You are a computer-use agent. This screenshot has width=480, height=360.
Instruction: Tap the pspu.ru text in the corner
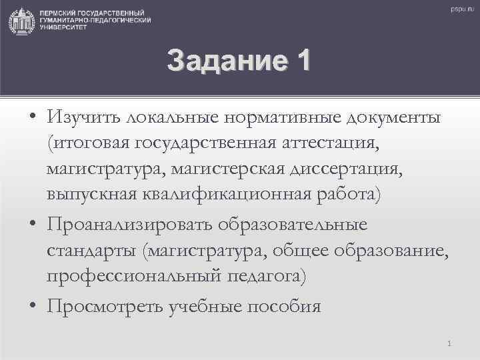tap(460, 8)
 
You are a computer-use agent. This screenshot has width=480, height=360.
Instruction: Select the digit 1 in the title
tap(301, 61)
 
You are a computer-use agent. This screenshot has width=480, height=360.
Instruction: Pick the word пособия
tap(285, 306)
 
